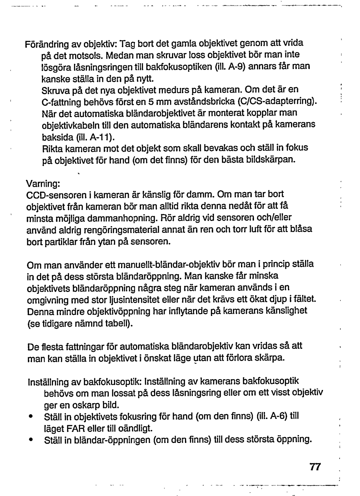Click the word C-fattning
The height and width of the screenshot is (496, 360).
coord(61,101)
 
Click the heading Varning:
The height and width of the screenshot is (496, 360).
coord(43,184)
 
